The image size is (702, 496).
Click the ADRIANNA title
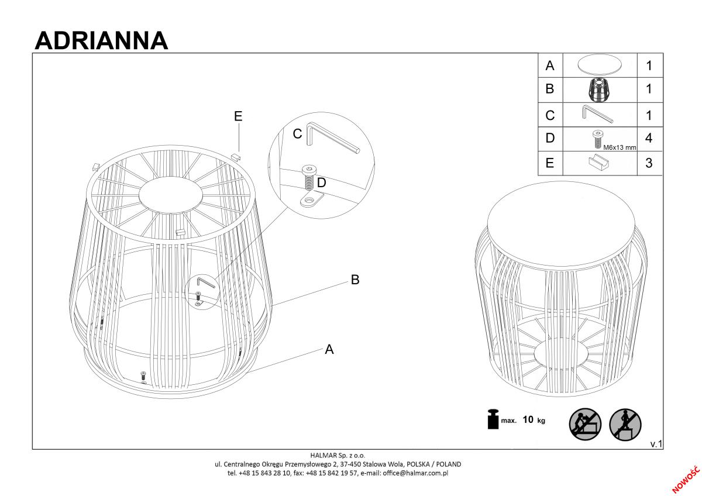coord(101,41)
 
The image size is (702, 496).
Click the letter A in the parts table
coord(550,66)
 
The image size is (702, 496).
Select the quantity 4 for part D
coord(649,138)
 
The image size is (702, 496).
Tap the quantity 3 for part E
coord(649,163)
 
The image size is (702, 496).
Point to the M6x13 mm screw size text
coord(620,147)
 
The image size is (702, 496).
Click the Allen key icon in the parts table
coord(598,114)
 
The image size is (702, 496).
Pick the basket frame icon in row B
coord(600,90)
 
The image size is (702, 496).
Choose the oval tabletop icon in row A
coord(600,65)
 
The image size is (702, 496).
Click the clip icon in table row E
coord(598,163)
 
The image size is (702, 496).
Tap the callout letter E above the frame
coord(238,116)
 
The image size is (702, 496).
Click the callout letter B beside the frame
coord(355,280)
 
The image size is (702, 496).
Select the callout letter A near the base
coord(329,349)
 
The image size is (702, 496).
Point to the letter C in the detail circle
coord(297,134)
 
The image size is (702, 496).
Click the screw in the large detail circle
coord(309,178)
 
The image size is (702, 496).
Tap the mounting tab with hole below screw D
coord(311,200)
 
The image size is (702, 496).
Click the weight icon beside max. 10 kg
coord(493,419)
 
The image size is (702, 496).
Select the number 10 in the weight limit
coord(528,419)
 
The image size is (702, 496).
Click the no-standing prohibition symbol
coord(625,425)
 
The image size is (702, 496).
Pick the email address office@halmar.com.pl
coord(415,473)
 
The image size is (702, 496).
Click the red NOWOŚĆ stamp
coord(686,480)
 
